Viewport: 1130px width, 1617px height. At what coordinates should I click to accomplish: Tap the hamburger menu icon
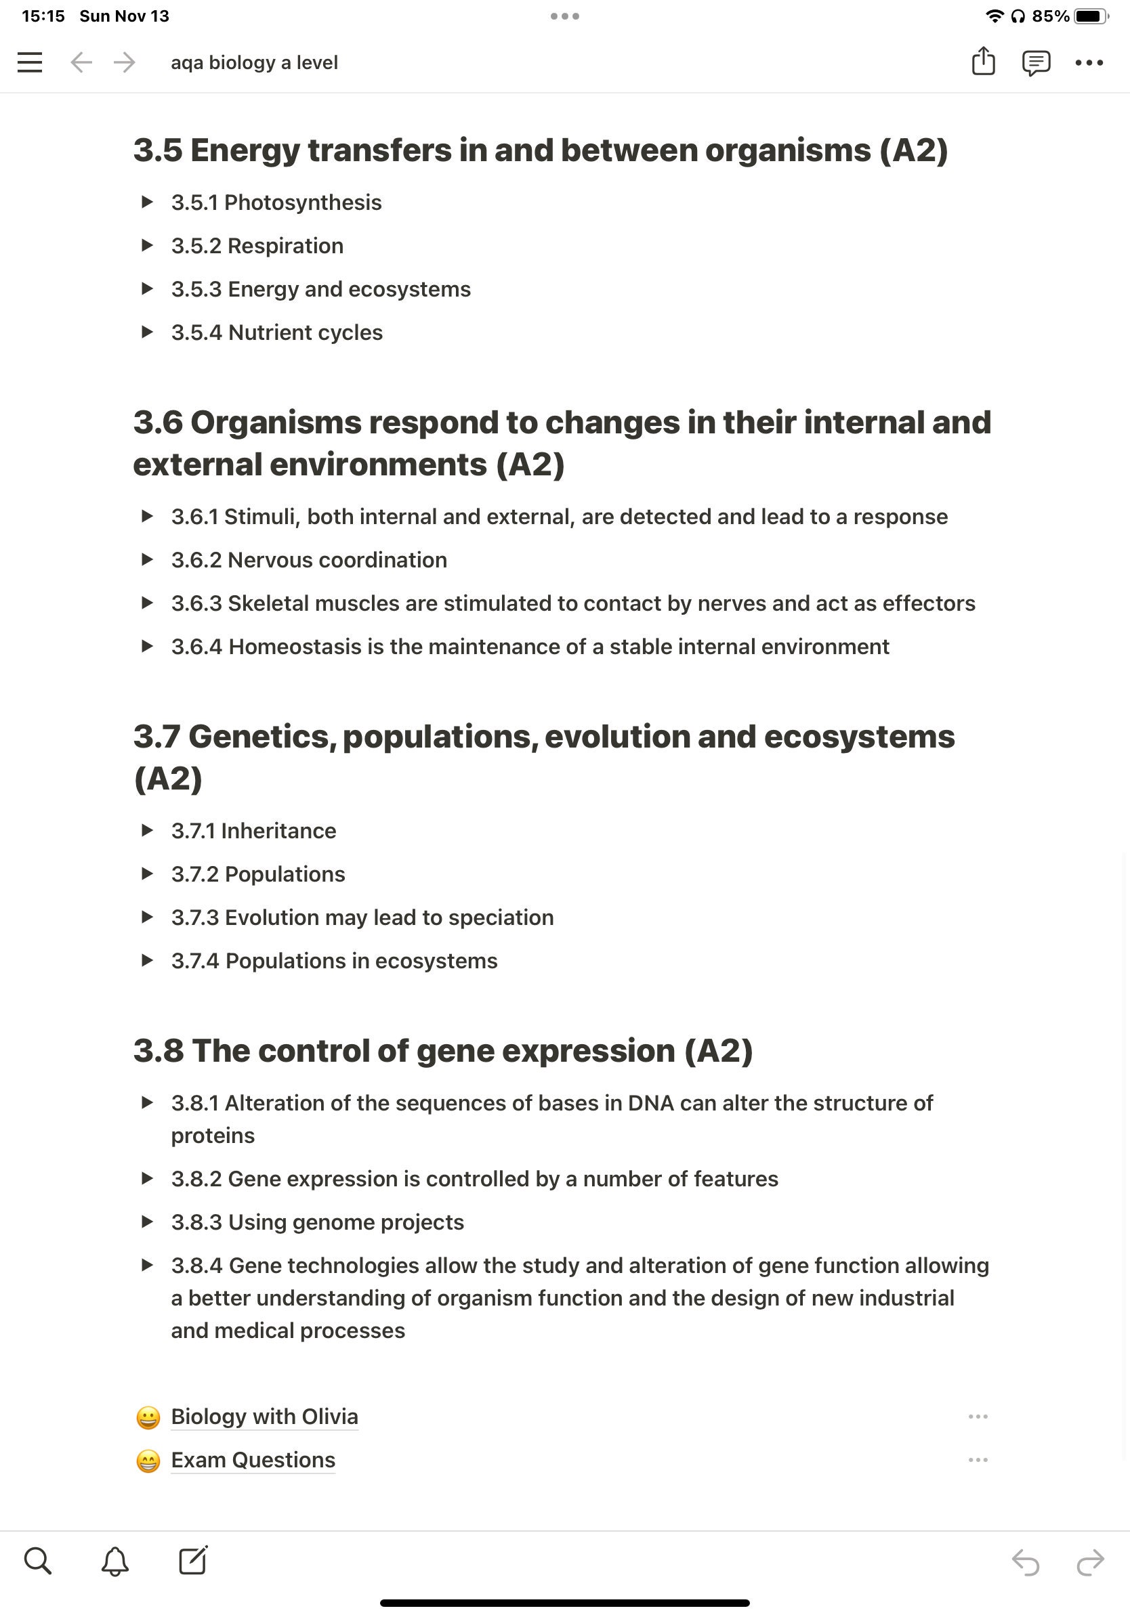click(x=30, y=63)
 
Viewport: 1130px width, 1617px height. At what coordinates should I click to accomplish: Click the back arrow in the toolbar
click(x=82, y=63)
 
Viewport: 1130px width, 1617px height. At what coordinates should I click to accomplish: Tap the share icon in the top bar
click(x=983, y=62)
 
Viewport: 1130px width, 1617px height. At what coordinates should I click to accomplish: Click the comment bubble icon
click(x=1036, y=63)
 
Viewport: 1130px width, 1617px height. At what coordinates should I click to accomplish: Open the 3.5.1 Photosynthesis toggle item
click(x=276, y=203)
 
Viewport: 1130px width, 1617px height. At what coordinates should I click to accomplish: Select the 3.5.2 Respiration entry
click(x=257, y=246)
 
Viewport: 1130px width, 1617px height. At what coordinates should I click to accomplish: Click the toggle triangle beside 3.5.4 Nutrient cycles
click(x=146, y=332)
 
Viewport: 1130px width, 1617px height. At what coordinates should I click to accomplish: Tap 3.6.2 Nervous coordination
click(x=308, y=560)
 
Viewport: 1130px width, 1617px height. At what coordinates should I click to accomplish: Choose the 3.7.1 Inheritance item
click(x=253, y=831)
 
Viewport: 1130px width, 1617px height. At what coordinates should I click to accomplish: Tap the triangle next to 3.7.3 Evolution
click(x=146, y=918)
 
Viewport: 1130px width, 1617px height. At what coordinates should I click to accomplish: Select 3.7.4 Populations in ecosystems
click(x=334, y=962)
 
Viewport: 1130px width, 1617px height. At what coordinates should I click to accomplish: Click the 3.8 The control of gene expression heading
click(x=442, y=1051)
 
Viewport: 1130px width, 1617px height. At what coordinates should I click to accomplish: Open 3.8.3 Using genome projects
click(x=317, y=1223)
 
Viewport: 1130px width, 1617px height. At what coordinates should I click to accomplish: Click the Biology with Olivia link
click(x=264, y=1417)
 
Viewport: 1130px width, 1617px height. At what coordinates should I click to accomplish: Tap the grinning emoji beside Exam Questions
click(x=148, y=1461)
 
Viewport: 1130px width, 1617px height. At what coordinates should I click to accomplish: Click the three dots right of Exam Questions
click(x=978, y=1460)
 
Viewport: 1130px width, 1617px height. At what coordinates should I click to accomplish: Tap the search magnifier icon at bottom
click(x=38, y=1561)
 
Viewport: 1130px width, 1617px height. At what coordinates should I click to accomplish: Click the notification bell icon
click(x=115, y=1561)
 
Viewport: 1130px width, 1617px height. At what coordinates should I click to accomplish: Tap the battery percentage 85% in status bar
click(x=1049, y=16)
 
